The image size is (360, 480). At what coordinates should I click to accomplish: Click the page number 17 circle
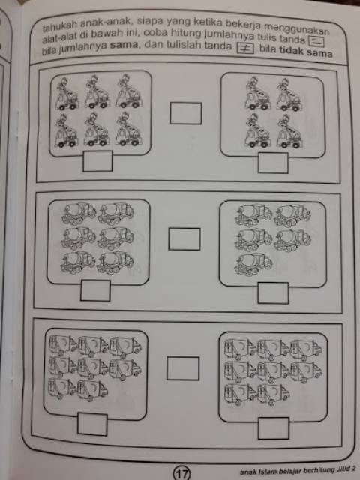tap(182, 474)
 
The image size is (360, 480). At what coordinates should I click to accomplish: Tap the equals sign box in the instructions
tap(316, 41)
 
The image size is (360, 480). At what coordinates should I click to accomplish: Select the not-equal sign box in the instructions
tap(245, 48)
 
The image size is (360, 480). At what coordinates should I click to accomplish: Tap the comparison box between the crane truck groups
tap(186, 113)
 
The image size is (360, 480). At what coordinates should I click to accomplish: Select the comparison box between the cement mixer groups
tap(184, 239)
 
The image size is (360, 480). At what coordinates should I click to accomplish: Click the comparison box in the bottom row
tap(183, 368)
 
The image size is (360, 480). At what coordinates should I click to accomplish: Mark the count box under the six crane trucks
tap(97, 161)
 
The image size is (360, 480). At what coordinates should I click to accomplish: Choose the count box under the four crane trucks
tap(273, 163)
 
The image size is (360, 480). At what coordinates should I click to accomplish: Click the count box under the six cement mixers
tap(95, 290)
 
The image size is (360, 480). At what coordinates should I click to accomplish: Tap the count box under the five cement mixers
tap(273, 293)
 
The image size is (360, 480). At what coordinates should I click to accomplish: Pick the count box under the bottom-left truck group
tap(92, 424)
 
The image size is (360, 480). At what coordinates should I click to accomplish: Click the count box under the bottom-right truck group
tap(274, 428)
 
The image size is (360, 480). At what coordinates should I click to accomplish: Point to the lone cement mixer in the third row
tap(253, 265)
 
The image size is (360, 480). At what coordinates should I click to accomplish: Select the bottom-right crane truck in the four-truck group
tap(289, 132)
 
